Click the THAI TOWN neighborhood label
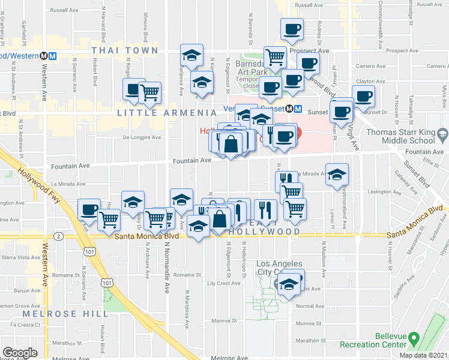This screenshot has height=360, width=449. (124, 51)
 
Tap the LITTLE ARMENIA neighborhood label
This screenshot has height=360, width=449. (167, 113)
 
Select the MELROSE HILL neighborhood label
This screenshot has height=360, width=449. (59, 314)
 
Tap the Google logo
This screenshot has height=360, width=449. (20, 353)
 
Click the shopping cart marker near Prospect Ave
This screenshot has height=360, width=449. (275, 58)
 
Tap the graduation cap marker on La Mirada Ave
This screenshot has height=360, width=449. (337, 174)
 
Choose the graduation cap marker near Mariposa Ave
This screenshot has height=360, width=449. (191, 56)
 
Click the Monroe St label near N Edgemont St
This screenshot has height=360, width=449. (226, 321)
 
